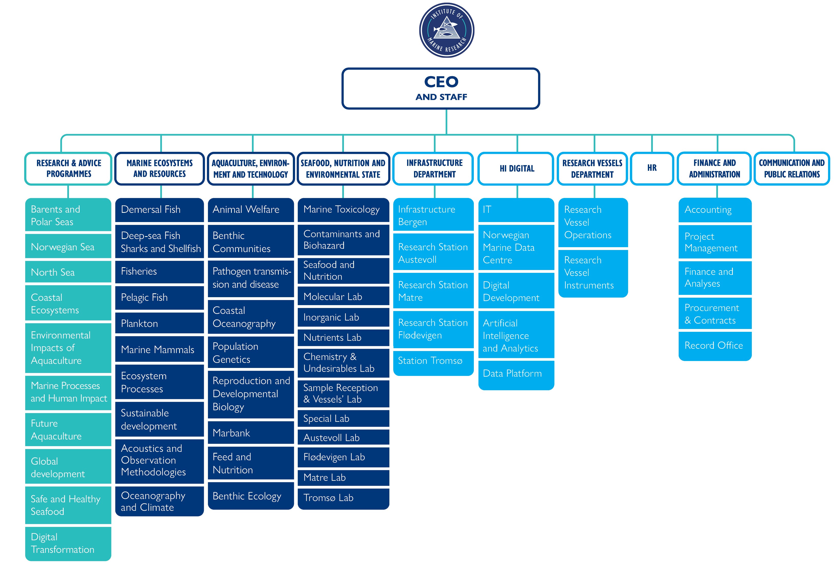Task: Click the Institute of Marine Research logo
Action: pyautogui.click(x=446, y=30)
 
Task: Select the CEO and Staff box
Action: pyautogui.click(x=441, y=88)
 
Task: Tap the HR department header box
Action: pyautogui.click(x=652, y=168)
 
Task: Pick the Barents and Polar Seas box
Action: pyautogui.click(x=68, y=215)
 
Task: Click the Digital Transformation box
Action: pyautogui.click(x=68, y=543)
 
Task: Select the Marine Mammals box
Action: pyautogui.click(x=159, y=349)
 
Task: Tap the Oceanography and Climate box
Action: pyautogui.click(x=159, y=501)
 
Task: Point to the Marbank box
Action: pyautogui.click(x=251, y=433)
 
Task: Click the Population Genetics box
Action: pyautogui.click(x=251, y=353)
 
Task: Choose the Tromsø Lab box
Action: pyautogui.click(x=343, y=498)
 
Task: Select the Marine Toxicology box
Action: pyautogui.click(x=343, y=209)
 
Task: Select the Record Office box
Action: pyautogui.click(x=715, y=345)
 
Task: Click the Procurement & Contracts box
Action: pyautogui.click(x=715, y=314)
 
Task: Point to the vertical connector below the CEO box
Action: pyautogui.click(x=446, y=122)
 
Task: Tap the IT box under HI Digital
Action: pyautogui.click(x=516, y=209)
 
